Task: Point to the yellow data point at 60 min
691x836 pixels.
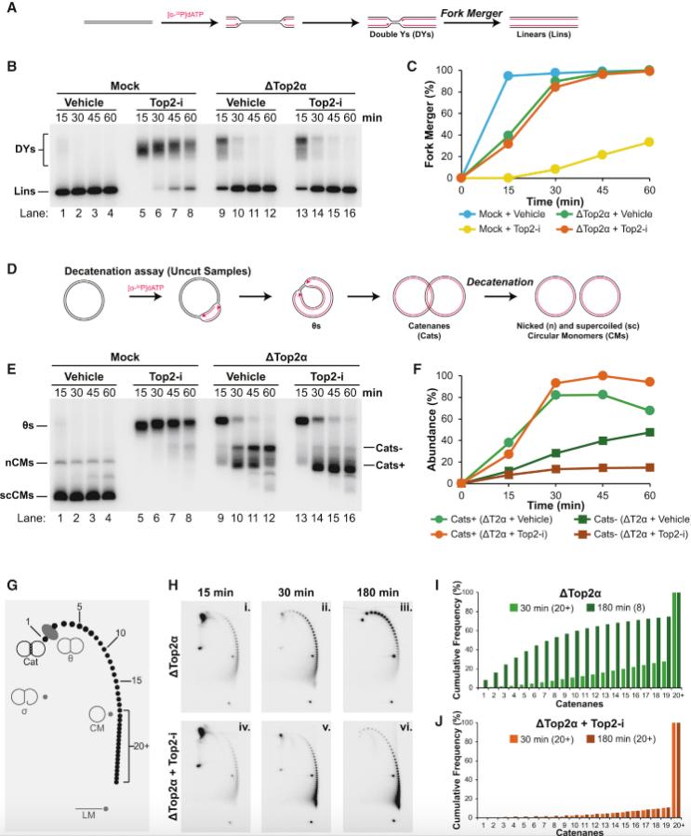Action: [x=650, y=142]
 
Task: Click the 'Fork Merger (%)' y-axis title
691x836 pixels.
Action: [x=430, y=124]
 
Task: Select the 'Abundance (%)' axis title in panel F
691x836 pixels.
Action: [x=431, y=430]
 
